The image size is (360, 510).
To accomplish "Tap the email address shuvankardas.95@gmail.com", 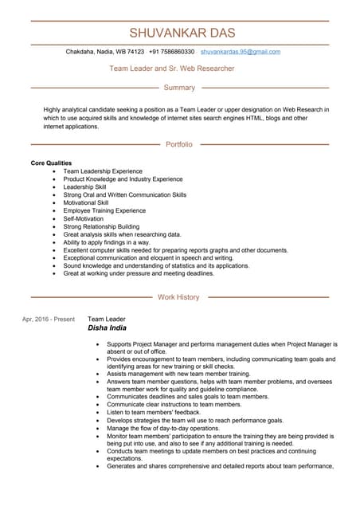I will [240, 52].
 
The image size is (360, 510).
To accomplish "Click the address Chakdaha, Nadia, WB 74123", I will [104, 52].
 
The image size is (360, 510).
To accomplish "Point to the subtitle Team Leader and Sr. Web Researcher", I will [171, 69].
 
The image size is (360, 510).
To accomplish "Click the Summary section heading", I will [179, 88].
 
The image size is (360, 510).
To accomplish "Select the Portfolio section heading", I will [179, 144].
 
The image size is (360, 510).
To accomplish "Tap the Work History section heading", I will [178, 297].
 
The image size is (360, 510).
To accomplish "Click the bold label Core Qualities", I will [51, 163].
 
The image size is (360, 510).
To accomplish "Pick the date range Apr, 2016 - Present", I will [49, 319].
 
